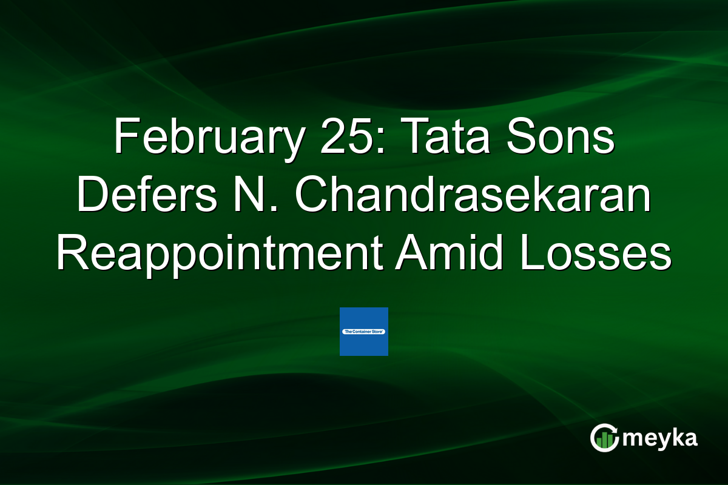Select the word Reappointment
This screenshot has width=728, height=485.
coord(219,255)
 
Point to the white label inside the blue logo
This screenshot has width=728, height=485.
coord(363,332)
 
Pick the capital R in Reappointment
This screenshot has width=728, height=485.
coord(69,255)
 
